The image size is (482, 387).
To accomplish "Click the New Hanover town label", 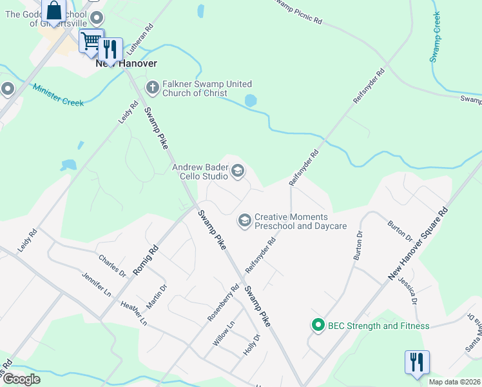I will [x=126, y=64].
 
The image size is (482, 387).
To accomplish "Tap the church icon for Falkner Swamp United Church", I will [x=153, y=86].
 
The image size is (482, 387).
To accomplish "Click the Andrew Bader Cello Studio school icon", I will [x=237, y=171].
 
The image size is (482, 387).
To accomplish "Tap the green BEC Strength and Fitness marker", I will [x=317, y=326].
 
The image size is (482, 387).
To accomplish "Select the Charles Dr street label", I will [x=112, y=265].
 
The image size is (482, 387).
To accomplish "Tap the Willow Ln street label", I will [x=224, y=334].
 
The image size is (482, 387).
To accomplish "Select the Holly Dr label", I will [x=251, y=346].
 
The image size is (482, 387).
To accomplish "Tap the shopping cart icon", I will [x=91, y=41].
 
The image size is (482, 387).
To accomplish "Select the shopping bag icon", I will [x=54, y=11].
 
